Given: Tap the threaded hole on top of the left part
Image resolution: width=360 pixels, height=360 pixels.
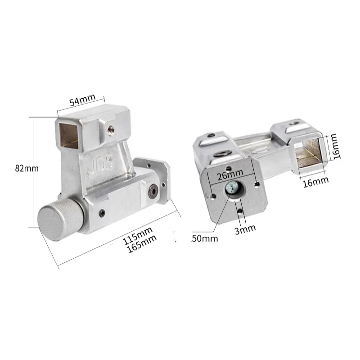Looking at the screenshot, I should pyautogui.click(x=110, y=129).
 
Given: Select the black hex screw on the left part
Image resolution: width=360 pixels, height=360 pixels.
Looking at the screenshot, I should pyautogui.click(x=153, y=190).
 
